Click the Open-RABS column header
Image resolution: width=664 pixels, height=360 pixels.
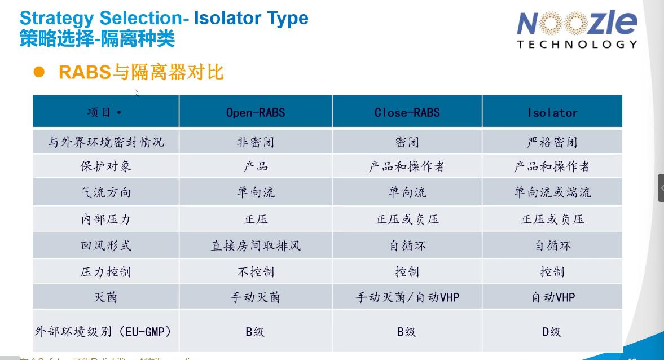(x=256, y=112)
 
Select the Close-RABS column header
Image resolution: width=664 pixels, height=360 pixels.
(x=407, y=112)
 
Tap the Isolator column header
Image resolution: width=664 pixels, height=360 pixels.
(x=552, y=112)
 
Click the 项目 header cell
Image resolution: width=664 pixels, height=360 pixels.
(x=105, y=112)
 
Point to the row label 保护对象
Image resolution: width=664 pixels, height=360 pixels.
(x=105, y=166)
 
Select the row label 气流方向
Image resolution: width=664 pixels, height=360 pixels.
(x=105, y=192)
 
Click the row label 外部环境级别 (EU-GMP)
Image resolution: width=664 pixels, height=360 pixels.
(x=103, y=331)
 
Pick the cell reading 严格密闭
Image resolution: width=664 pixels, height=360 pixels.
(x=552, y=142)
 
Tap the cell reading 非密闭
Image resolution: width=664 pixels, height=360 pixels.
(x=256, y=142)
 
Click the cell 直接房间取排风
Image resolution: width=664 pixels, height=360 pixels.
(x=256, y=245)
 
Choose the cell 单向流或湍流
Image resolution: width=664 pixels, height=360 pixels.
(x=552, y=192)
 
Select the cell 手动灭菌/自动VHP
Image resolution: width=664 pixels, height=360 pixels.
(x=407, y=297)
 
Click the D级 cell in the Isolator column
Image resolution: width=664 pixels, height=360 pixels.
(x=552, y=331)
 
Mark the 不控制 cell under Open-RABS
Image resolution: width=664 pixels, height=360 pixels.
(x=256, y=271)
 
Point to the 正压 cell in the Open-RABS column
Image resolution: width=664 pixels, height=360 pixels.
(x=256, y=219)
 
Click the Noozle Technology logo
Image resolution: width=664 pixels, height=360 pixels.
(x=577, y=29)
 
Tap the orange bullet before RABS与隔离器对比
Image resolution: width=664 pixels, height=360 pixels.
(x=39, y=72)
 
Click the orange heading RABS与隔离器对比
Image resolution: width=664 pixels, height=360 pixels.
(x=141, y=72)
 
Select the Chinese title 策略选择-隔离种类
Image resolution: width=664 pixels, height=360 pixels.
(x=97, y=39)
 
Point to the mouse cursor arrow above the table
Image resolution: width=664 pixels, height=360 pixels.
(x=137, y=93)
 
